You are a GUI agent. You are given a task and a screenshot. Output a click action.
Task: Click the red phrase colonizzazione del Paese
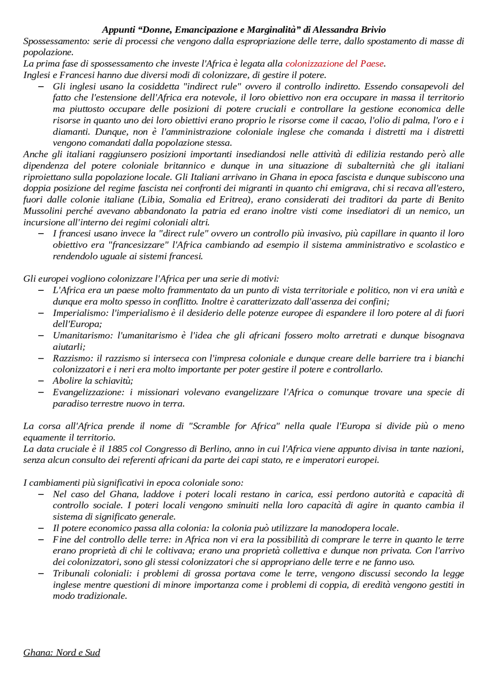point(334,64)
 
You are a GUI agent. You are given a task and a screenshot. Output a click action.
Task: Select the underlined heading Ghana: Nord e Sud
point(62,652)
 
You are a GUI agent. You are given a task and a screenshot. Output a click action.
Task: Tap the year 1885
point(117,449)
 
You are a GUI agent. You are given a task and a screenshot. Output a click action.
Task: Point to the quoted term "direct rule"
point(183,234)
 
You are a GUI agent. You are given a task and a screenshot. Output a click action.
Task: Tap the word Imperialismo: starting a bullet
point(81,313)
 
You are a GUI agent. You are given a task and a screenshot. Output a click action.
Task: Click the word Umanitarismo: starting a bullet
point(83,336)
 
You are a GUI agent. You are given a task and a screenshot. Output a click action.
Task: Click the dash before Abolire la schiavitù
point(41,381)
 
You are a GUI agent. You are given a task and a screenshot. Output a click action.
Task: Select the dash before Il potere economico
point(41,528)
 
